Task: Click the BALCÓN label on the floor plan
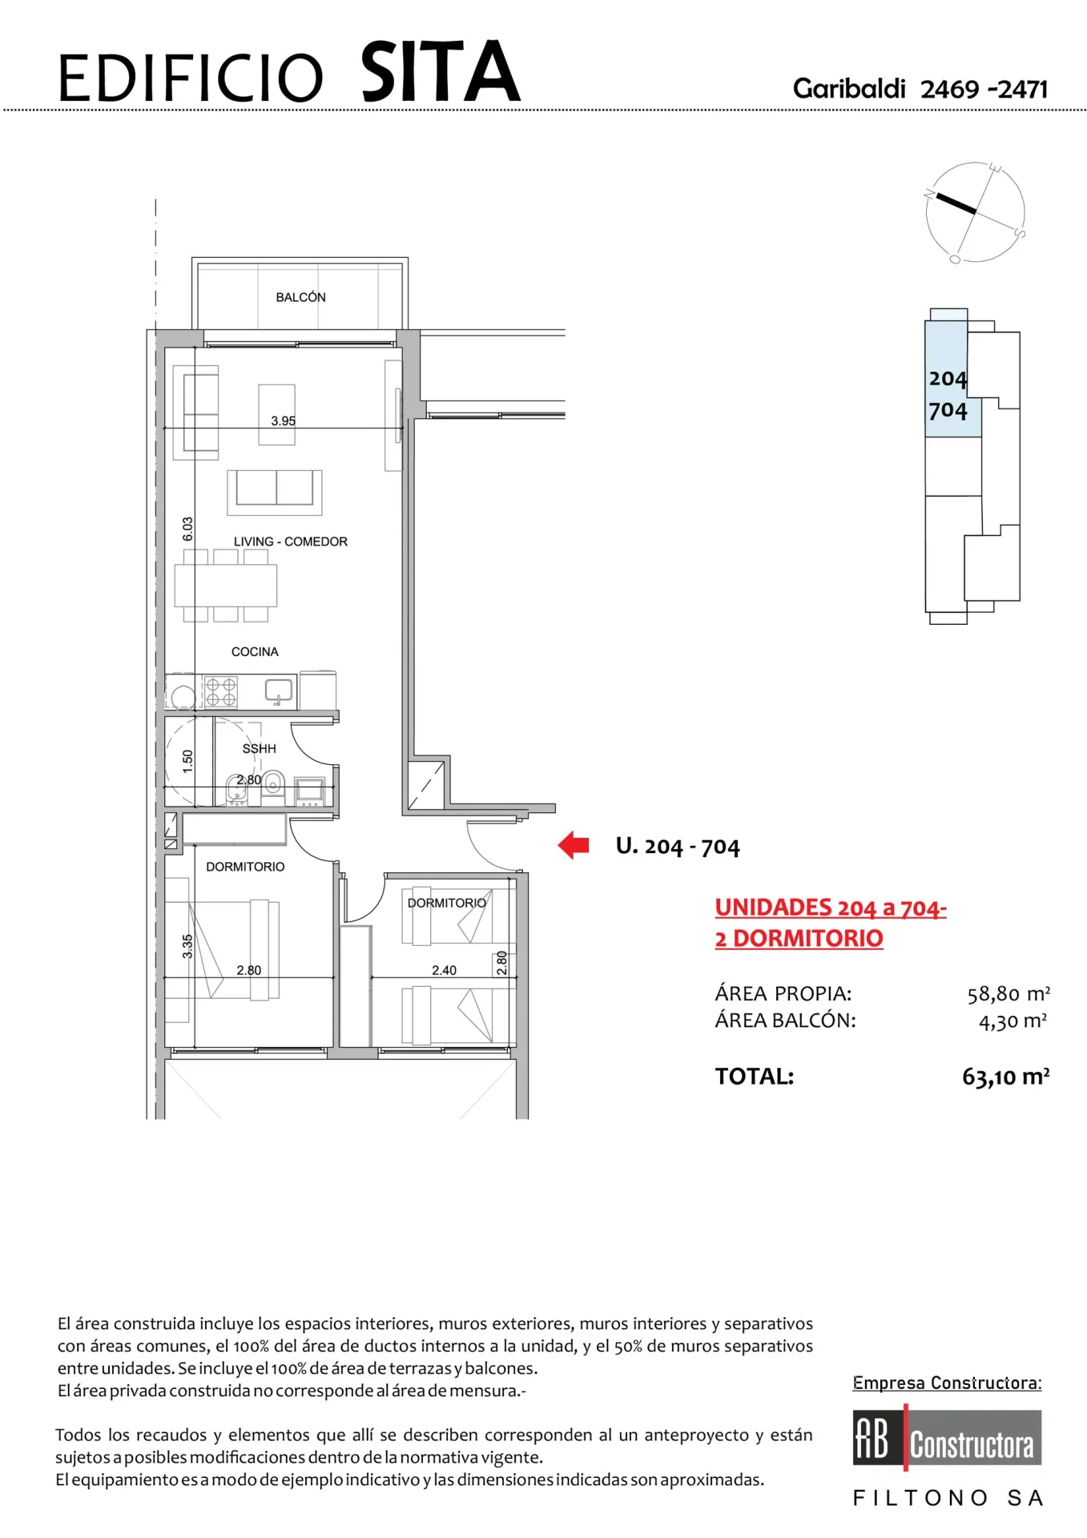pyautogui.click(x=300, y=297)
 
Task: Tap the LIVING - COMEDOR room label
pyautogui.click(x=291, y=542)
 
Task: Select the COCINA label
pyautogui.click(x=255, y=652)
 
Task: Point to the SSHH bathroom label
pyautogui.click(x=259, y=748)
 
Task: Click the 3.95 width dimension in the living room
pyautogui.click(x=283, y=421)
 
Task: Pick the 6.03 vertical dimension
pyautogui.click(x=187, y=529)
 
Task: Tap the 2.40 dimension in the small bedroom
pyautogui.click(x=444, y=970)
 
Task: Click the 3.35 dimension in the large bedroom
pyautogui.click(x=187, y=946)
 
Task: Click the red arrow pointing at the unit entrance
pyautogui.click(x=574, y=845)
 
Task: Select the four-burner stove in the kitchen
pyautogui.click(x=221, y=692)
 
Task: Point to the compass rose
pyautogui.click(x=975, y=212)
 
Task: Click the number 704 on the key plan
pyautogui.click(x=948, y=410)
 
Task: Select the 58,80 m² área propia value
pyautogui.click(x=1008, y=994)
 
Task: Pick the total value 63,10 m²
pyautogui.click(x=1006, y=1077)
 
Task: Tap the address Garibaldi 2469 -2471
pyautogui.click(x=920, y=89)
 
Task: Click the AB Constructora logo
pyautogui.click(x=947, y=1438)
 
